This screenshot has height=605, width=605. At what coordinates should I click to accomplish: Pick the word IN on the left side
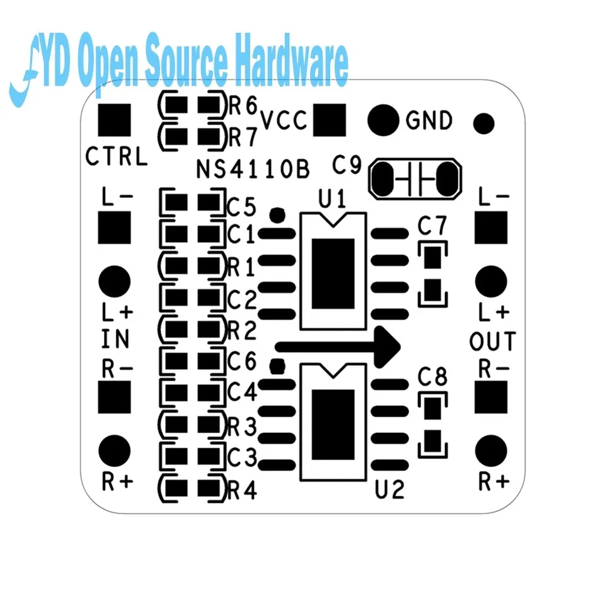point(115,340)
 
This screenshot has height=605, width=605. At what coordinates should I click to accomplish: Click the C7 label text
point(432,225)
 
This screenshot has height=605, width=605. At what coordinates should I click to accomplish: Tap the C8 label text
point(432,377)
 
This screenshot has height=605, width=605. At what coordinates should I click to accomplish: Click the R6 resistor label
point(243,106)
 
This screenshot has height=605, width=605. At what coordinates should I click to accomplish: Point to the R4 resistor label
point(243,490)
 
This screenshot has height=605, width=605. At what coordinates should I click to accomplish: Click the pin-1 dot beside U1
point(275,215)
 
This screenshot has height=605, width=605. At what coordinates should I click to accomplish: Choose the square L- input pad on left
point(115,227)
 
